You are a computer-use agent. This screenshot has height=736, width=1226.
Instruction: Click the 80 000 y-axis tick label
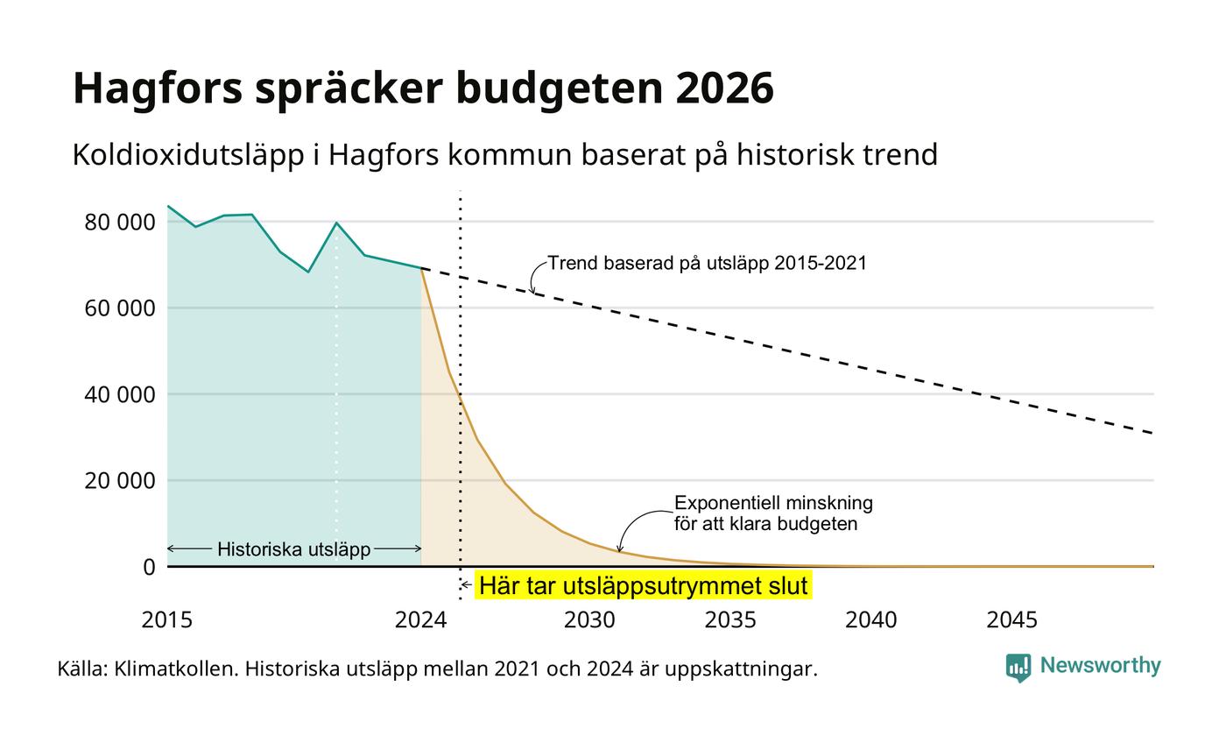click(119, 223)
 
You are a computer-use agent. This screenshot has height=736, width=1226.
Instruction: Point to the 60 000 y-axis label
click(119, 308)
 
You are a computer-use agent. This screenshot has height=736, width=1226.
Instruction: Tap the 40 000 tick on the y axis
click(119, 395)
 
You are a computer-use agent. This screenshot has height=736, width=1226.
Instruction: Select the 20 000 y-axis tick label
click(119, 481)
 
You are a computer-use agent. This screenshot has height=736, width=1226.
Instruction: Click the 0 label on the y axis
click(149, 568)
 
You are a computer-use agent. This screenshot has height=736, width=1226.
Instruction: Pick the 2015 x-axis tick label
click(167, 620)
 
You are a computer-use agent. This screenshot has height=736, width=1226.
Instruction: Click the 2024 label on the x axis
click(421, 620)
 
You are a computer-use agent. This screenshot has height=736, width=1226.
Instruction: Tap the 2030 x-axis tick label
click(589, 620)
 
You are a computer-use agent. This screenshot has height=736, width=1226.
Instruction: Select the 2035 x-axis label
click(730, 620)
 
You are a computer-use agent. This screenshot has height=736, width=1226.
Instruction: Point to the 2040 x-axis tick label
click(870, 620)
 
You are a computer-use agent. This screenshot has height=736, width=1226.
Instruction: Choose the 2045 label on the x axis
click(1012, 620)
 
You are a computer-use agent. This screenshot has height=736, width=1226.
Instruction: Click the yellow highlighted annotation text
click(643, 585)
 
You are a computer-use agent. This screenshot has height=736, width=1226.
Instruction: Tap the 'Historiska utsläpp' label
click(294, 549)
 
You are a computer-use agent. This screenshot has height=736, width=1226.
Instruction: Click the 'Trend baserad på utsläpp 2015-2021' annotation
click(708, 264)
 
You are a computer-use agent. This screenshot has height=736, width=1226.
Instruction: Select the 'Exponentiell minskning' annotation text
click(773, 503)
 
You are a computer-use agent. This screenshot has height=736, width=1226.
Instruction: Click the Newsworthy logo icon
click(1018, 668)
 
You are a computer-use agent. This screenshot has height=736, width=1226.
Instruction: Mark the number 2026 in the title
click(725, 88)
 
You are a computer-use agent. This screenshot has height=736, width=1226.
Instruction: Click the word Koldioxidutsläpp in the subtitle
click(188, 156)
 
